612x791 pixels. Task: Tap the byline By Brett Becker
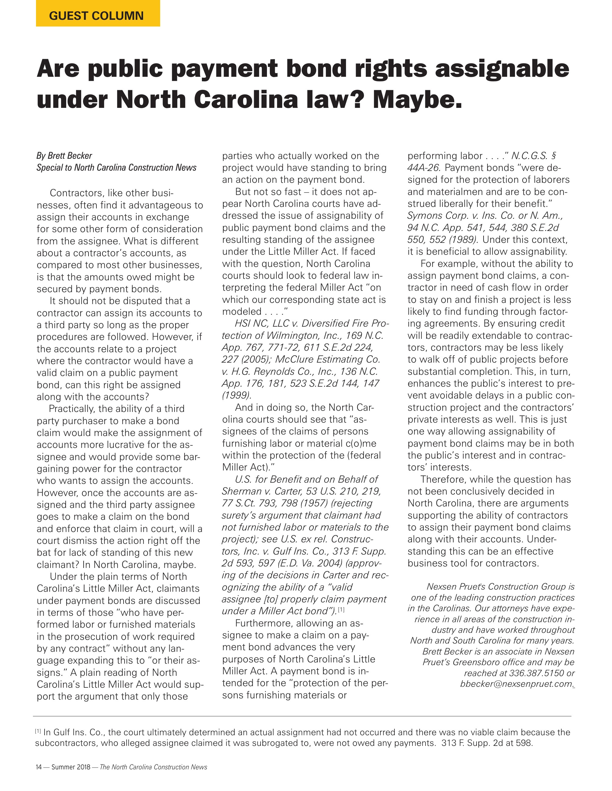pyautogui.click(x=64, y=156)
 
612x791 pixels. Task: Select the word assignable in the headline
pyautogui.click(x=502, y=69)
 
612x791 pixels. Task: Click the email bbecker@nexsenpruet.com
pyautogui.click(x=516, y=684)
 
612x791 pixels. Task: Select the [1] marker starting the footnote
pyautogui.click(x=38, y=731)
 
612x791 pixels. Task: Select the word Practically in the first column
pyautogui.click(x=72, y=409)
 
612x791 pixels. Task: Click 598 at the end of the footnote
pyautogui.click(x=524, y=743)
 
